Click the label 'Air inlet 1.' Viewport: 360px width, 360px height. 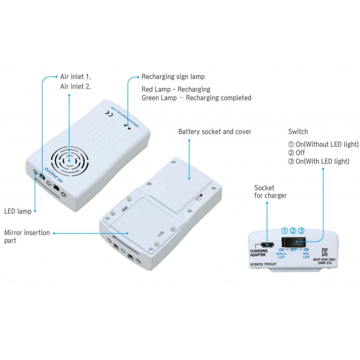coord(79,76)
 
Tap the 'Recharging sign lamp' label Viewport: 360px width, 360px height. coord(173,77)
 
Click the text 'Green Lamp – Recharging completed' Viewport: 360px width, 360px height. coord(196,98)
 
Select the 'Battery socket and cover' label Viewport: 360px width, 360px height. coord(215,132)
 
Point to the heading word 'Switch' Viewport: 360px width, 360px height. coord(298,132)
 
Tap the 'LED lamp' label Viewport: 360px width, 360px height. coord(18,211)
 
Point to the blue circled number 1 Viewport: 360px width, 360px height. coord(284,231)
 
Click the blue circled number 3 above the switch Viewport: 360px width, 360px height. coord(301,231)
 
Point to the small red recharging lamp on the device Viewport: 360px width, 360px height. coord(129,129)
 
